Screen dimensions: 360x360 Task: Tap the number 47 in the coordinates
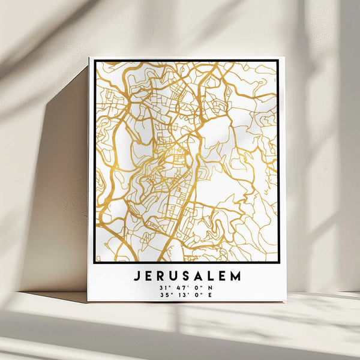coord(180,288)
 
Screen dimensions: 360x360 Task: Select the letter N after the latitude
coord(209,288)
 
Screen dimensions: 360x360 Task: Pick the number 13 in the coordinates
coord(180,295)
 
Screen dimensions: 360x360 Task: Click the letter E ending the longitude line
coord(209,295)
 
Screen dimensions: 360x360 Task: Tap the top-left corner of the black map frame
coord(95,61)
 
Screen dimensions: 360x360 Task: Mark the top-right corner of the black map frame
coord(278,61)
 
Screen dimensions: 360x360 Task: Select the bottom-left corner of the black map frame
coord(95,262)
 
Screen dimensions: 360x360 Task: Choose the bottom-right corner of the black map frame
coord(278,262)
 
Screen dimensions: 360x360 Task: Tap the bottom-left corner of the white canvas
coord(88,301)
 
